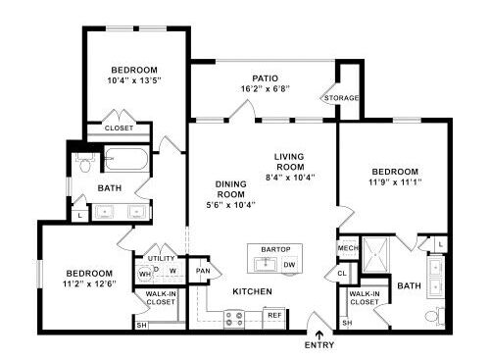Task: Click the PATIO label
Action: pos(265,78)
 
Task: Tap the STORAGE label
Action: pos(341,98)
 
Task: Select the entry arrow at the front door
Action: pos(319,335)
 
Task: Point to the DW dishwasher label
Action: pos(289,265)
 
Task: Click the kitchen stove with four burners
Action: pos(234,320)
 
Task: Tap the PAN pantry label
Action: pos(203,271)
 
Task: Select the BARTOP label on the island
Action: pos(275,249)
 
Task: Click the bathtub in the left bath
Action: pos(126,159)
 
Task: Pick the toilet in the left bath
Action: pos(85,163)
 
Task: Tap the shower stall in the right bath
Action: pos(375,254)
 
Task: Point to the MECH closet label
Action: pos(348,248)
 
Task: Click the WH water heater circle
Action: pos(145,274)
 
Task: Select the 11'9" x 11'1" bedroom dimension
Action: pos(395,182)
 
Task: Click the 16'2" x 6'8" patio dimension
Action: pos(265,88)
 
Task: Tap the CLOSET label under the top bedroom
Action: pos(119,129)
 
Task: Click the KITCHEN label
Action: pos(252,291)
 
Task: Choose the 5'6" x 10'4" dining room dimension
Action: pos(230,205)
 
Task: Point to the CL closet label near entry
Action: pos(342,273)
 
